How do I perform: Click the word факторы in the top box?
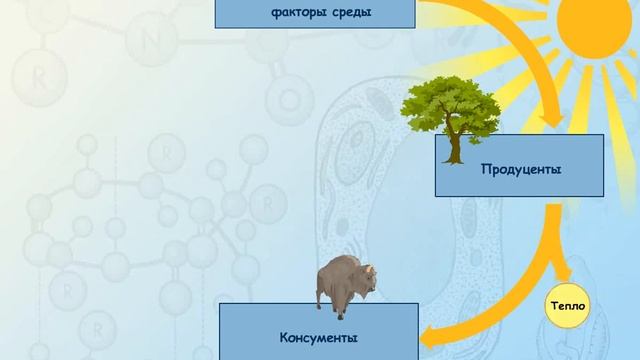pos(298,13)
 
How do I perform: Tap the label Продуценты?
pos(519,170)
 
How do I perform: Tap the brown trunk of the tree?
pos(455,147)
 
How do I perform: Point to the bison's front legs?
pos(340,305)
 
